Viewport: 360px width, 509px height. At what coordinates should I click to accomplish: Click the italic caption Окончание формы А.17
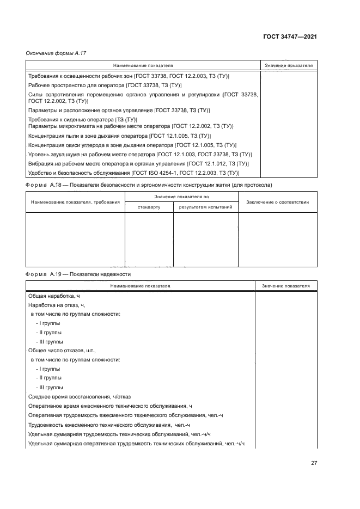56,53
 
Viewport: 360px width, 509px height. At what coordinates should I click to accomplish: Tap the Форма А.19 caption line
78,274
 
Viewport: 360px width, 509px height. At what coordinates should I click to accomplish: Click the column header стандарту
149,207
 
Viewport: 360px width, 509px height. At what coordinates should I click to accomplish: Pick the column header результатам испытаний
205,207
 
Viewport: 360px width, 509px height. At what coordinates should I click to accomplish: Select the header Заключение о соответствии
278,202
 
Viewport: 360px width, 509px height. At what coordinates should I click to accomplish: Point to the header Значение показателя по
181,197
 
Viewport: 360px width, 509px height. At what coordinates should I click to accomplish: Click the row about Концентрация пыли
119,136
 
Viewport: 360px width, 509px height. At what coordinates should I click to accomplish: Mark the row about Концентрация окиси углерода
131,145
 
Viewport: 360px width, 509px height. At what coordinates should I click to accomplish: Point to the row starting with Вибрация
138,163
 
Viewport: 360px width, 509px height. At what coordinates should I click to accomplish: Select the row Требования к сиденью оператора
82,119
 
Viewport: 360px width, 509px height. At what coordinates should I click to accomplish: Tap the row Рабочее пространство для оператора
105,85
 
